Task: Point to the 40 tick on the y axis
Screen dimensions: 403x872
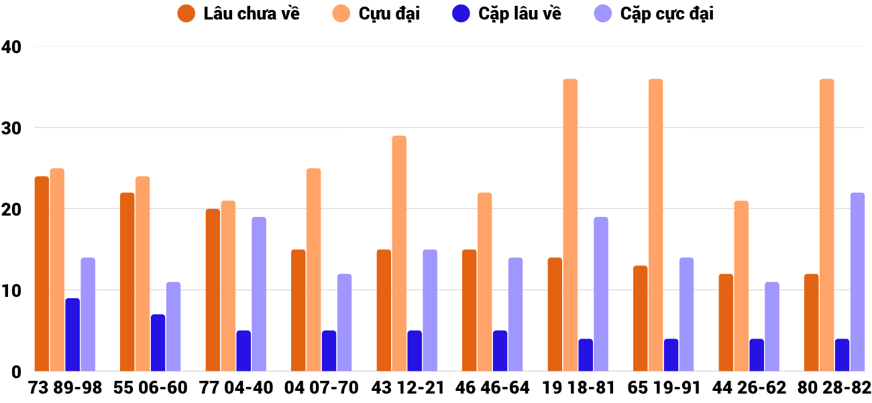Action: tap(11, 47)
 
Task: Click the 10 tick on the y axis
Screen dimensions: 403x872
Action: tap(11, 291)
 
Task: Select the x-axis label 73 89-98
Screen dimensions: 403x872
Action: tap(65, 388)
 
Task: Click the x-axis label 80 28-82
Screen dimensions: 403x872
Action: tap(834, 388)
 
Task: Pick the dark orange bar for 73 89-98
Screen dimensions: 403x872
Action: tap(42, 274)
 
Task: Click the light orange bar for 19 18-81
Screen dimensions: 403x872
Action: tap(570, 225)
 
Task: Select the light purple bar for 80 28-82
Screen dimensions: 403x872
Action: tap(857, 282)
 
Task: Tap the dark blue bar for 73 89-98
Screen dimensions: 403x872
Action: tap(72, 334)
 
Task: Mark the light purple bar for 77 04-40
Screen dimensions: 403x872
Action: tap(259, 294)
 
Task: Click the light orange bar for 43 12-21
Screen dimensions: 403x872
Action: tap(399, 254)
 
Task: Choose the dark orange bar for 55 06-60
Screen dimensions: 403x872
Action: tap(127, 282)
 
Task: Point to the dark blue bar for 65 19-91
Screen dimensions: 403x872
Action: tap(671, 355)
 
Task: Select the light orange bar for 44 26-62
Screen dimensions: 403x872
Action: tap(741, 286)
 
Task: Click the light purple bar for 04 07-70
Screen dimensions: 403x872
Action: tap(344, 322)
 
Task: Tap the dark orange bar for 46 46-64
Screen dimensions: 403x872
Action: tap(469, 310)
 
